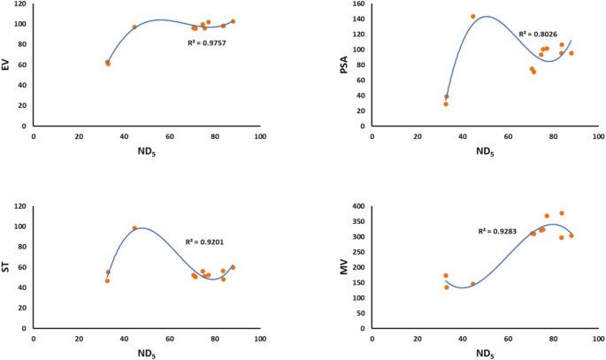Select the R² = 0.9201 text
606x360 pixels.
pyautogui.click(x=204, y=241)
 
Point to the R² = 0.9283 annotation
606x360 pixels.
pyautogui.click(x=498, y=231)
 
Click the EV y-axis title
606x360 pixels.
pyautogui.click(x=7, y=65)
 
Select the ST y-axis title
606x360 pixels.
pyautogui.click(x=7, y=266)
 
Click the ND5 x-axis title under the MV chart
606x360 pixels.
pyautogui.click(x=484, y=354)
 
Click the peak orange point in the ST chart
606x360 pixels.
pyautogui.click(x=134, y=228)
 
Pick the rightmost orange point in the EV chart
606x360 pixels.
pyautogui.click(x=233, y=21)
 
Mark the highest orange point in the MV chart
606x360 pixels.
pyautogui.click(x=562, y=213)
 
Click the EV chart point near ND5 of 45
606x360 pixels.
pyautogui.click(x=134, y=27)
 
